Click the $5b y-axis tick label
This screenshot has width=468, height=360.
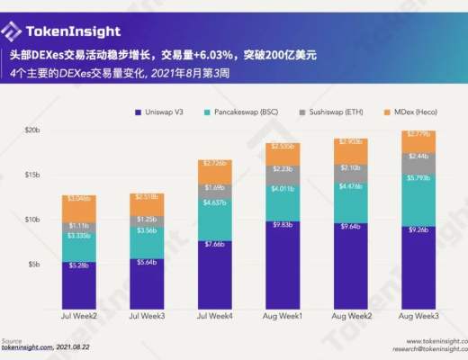pyautogui.click(x=32, y=264)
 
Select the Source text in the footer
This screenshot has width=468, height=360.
pyautogui.click(x=12, y=340)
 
